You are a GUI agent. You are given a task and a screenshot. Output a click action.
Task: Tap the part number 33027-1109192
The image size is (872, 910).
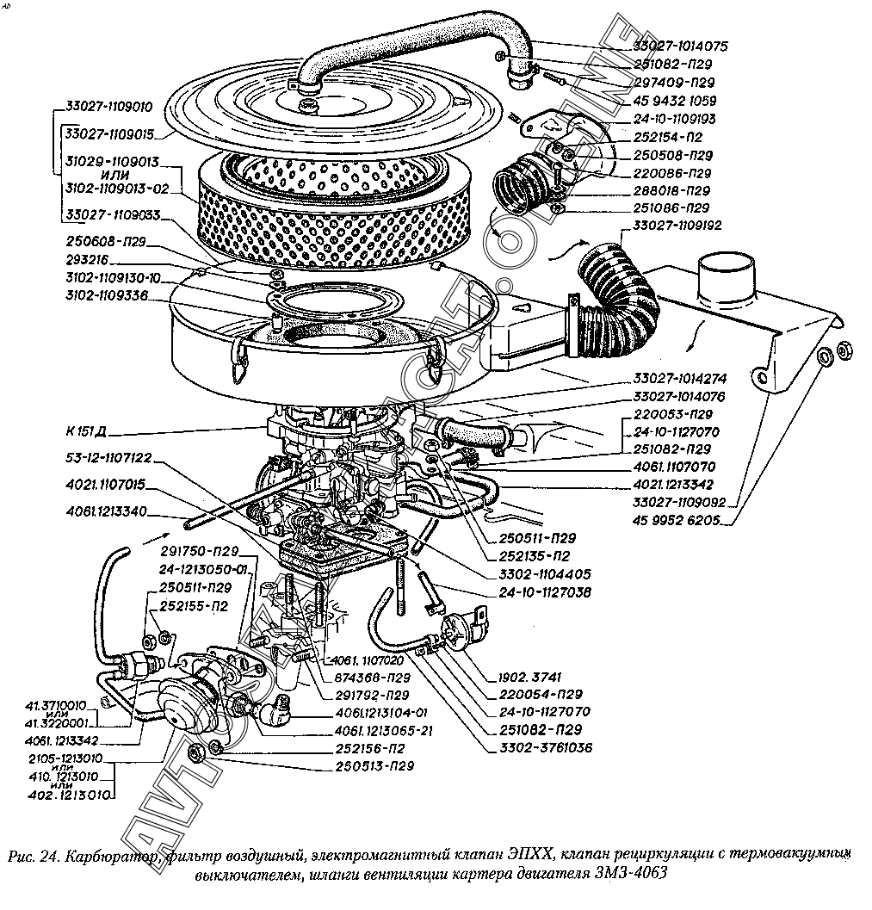[677, 226]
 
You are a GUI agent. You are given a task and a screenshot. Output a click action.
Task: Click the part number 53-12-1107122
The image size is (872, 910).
[108, 458]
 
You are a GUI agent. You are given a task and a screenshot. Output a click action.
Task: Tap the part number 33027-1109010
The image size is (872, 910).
[108, 108]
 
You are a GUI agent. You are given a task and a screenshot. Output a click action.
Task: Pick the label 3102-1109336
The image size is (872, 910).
[106, 295]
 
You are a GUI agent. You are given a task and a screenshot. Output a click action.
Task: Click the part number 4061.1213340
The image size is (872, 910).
[105, 512]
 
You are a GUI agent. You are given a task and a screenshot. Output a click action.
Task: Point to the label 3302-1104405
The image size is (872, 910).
[545, 573]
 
